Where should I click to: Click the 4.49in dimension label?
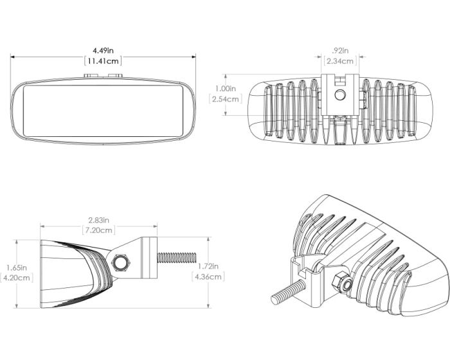pos(103,50)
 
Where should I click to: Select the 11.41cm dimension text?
pos(103,61)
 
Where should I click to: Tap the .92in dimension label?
pos(340,50)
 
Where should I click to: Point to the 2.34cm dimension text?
pos(340,61)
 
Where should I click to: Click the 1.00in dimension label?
pos(225,89)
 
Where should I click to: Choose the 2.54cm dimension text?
pos(225,99)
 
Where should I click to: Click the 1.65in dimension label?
pos(15,267)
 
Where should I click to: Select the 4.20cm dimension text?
pos(15,278)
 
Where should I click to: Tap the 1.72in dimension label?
pos(208,266)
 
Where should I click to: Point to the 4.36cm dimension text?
pos(208,277)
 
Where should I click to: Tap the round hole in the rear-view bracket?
pos(340,96)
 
